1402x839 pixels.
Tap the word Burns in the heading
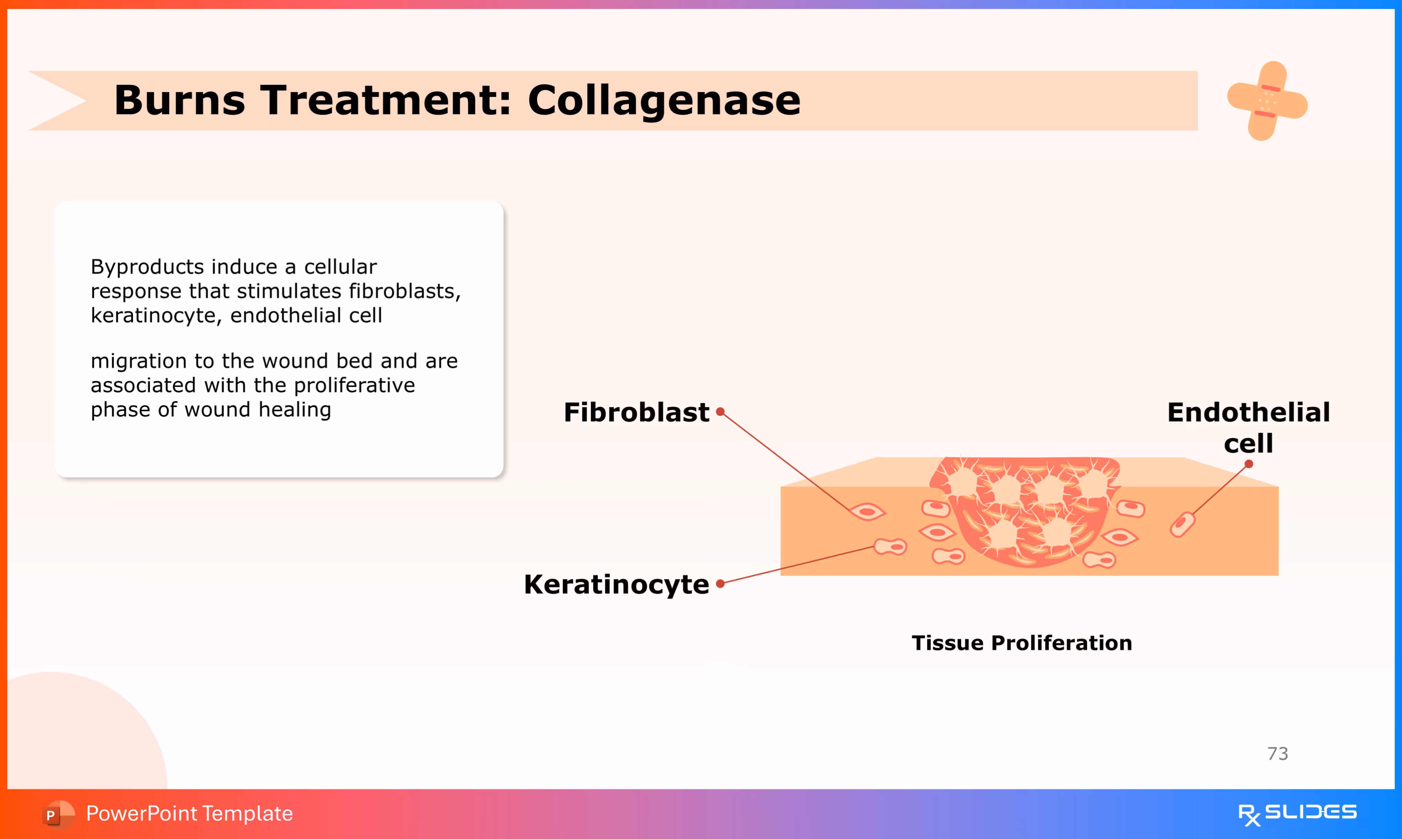(180, 101)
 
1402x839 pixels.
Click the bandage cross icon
(1267, 101)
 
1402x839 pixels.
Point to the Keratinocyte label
(616, 584)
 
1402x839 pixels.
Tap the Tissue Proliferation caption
(1021, 643)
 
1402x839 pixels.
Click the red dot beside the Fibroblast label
(720, 412)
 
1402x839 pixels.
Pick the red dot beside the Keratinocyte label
(720, 583)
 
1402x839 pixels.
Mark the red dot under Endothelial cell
(1249, 464)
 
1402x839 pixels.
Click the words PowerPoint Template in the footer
(189, 813)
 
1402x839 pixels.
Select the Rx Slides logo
(1297, 813)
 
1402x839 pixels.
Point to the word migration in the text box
(138, 361)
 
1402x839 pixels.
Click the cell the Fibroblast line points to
(868, 512)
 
